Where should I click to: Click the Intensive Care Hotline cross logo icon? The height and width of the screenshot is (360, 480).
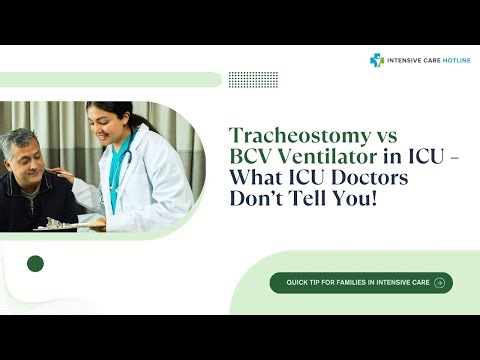pos(377,60)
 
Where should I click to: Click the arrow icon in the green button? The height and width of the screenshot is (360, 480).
pos(440,283)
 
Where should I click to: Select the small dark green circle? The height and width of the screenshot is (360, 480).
pos(36,264)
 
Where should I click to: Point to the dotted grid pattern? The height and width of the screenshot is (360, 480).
pos(246,79)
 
